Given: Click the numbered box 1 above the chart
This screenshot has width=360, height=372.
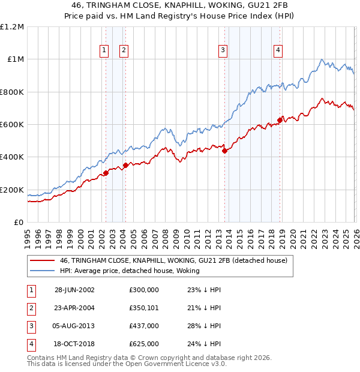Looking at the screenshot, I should [x=105, y=51].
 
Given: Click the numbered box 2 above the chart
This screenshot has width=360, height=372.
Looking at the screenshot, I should [x=124, y=51].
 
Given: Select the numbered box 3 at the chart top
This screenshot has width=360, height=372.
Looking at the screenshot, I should [x=223, y=51].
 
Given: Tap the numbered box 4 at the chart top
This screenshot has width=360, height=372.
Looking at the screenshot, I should [x=278, y=51].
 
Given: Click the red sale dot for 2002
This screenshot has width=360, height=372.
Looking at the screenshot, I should [x=106, y=173].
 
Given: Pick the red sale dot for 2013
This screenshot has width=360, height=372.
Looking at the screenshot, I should [x=224, y=151].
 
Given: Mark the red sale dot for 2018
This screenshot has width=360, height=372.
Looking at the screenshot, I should [x=280, y=120].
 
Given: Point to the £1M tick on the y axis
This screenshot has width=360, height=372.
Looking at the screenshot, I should [x=16, y=59].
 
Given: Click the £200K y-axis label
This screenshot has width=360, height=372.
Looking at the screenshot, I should [x=13, y=190].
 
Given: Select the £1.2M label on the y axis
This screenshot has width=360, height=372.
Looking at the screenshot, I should [x=13, y=27].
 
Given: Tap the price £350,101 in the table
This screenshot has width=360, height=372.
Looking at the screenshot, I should [x=144, y=308].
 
